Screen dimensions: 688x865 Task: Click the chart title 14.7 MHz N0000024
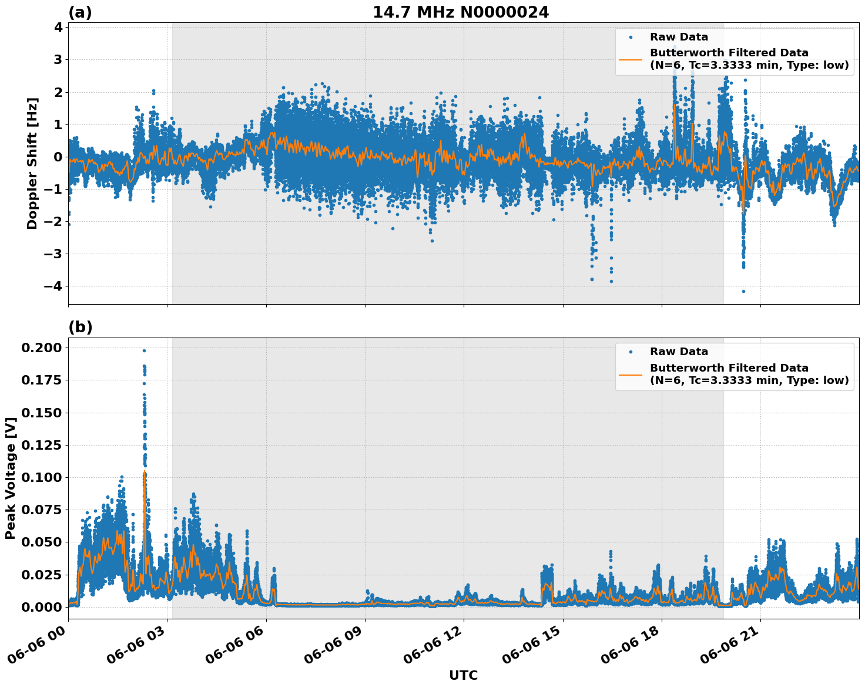[x=461, y=12]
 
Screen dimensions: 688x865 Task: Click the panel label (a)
[x=80, y=12]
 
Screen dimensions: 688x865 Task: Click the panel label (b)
[x=80, y=327]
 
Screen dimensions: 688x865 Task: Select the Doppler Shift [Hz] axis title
[x=32, y=163]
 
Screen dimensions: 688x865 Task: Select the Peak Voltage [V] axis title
[x=10, y=478]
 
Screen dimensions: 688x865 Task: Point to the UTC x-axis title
[x=463, y=675]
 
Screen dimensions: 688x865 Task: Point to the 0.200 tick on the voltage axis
[x=41, y=348]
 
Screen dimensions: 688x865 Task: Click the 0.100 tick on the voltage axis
[x=41, y=477]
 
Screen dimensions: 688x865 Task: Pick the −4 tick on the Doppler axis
[x=53, y=286]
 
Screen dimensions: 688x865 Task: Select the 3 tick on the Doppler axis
[x=58, y=60]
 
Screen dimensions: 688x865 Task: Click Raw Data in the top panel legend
[x=679, y=37]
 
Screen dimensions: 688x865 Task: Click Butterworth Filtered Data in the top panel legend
[x=729, y=53]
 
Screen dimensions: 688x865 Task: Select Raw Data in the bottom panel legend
[x=679, y=352]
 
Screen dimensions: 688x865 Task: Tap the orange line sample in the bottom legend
[x=631, y=374]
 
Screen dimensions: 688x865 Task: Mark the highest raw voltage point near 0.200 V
[x=144, y=350]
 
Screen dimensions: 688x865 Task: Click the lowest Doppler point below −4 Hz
[x=743, y=291]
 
